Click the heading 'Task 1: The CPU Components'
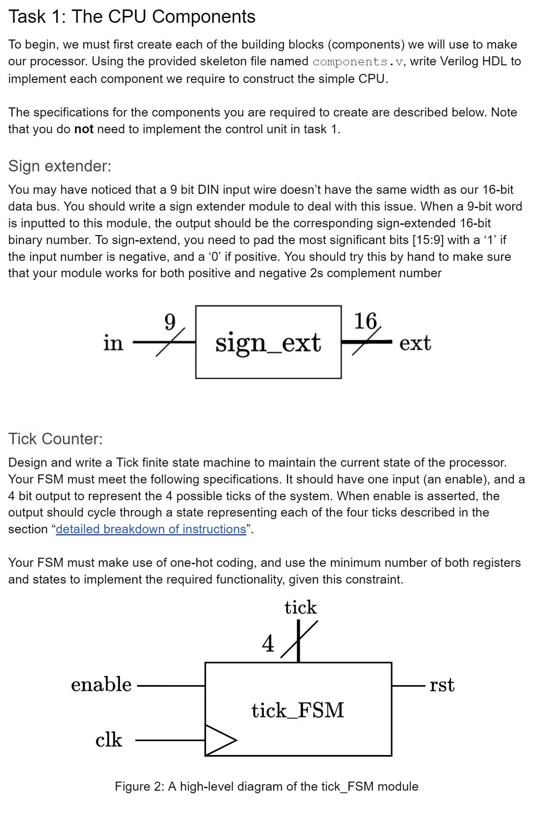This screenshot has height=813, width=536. tap(132, 17)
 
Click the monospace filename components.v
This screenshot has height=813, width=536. tap(358, 62)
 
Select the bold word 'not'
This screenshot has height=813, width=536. tap(84, 129)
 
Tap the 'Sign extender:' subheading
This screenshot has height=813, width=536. tap(60, 166)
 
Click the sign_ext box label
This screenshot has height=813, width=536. tap(268, 343)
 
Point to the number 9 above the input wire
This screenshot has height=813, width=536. tap(170, 321)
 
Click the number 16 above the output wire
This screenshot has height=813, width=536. tap(365, 321)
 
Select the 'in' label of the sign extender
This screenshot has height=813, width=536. tap(113, 343)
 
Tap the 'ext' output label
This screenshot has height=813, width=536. tap(415, 343)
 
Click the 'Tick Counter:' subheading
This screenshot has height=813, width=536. tap(55, 439)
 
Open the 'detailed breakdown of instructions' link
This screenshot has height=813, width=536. tap(151, 529)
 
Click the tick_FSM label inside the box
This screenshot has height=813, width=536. tap(298, 710)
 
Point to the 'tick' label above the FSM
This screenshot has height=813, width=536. tap(300, 608)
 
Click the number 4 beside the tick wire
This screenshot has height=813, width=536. tap(268, 644)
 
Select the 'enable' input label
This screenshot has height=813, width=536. tap(101, 685)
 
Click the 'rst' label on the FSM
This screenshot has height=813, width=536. tap(442, 685)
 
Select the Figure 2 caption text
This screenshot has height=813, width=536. tap(266, 786)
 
